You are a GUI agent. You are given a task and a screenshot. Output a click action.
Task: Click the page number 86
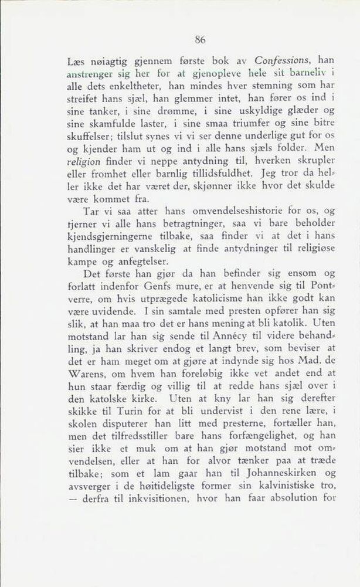[201, 40]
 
